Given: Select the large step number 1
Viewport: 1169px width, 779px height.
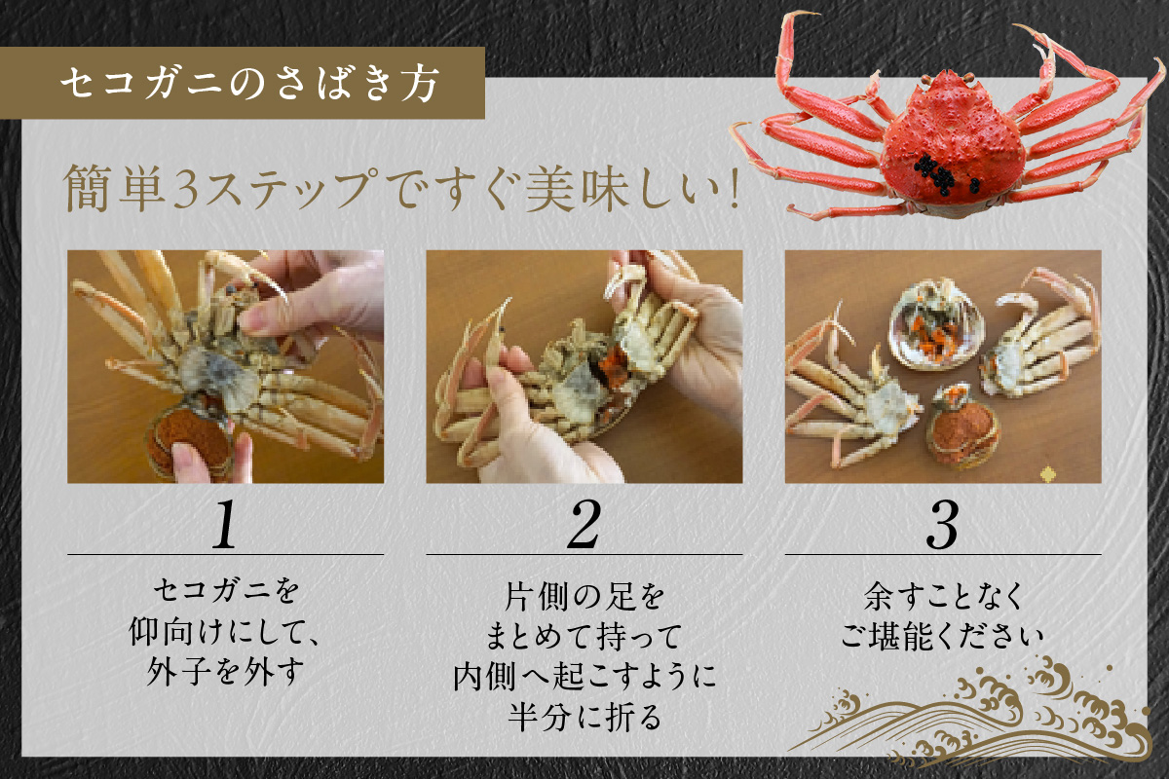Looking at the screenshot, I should [x=225, y=526].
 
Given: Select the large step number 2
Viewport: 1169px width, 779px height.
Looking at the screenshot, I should [x=584, y=526].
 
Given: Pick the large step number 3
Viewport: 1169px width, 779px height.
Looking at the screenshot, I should [x=942, y=526].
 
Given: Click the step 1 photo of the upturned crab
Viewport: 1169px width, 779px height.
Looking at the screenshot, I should [x=225, y=366].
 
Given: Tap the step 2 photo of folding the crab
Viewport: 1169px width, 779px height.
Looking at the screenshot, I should [x=584, y=366].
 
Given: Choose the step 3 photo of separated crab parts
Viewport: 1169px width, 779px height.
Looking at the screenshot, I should [x=942, y=366].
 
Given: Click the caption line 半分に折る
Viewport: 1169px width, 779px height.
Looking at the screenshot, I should [x=584, y=719].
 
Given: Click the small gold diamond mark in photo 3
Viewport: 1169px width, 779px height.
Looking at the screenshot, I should [x=1048, y=474].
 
